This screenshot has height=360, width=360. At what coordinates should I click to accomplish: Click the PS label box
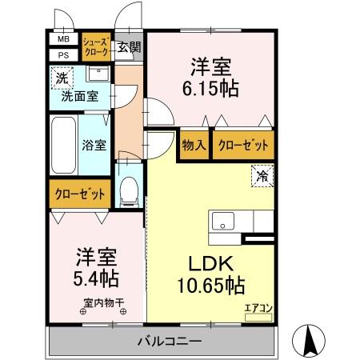[62, 54]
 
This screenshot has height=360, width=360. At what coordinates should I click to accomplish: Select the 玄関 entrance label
[128, 46]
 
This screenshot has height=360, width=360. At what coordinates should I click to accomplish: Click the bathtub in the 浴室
[62, 145]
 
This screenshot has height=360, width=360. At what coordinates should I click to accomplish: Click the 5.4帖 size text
[97, 279]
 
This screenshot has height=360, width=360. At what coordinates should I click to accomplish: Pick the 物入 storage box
[194, 146]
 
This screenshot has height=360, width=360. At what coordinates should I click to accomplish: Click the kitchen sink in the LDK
[222, 221]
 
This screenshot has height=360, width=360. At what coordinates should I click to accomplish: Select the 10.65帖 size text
[210, 284]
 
